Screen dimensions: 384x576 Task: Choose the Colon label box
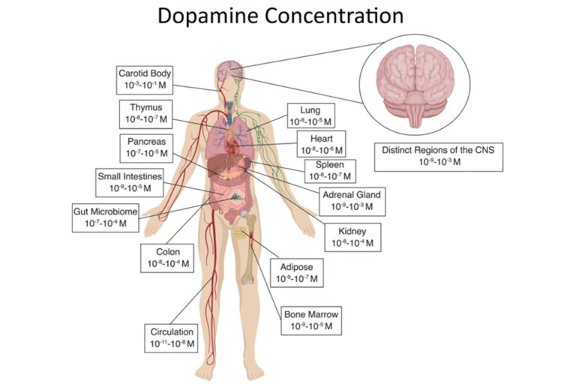tap(166, 256)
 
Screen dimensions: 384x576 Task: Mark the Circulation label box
tap(172, 337)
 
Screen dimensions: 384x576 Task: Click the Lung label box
tap(310, 115)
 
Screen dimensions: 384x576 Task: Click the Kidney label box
tap(352, 237)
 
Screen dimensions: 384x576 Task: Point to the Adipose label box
tap(297, 272)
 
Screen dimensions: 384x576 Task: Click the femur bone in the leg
tap(248, 251)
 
